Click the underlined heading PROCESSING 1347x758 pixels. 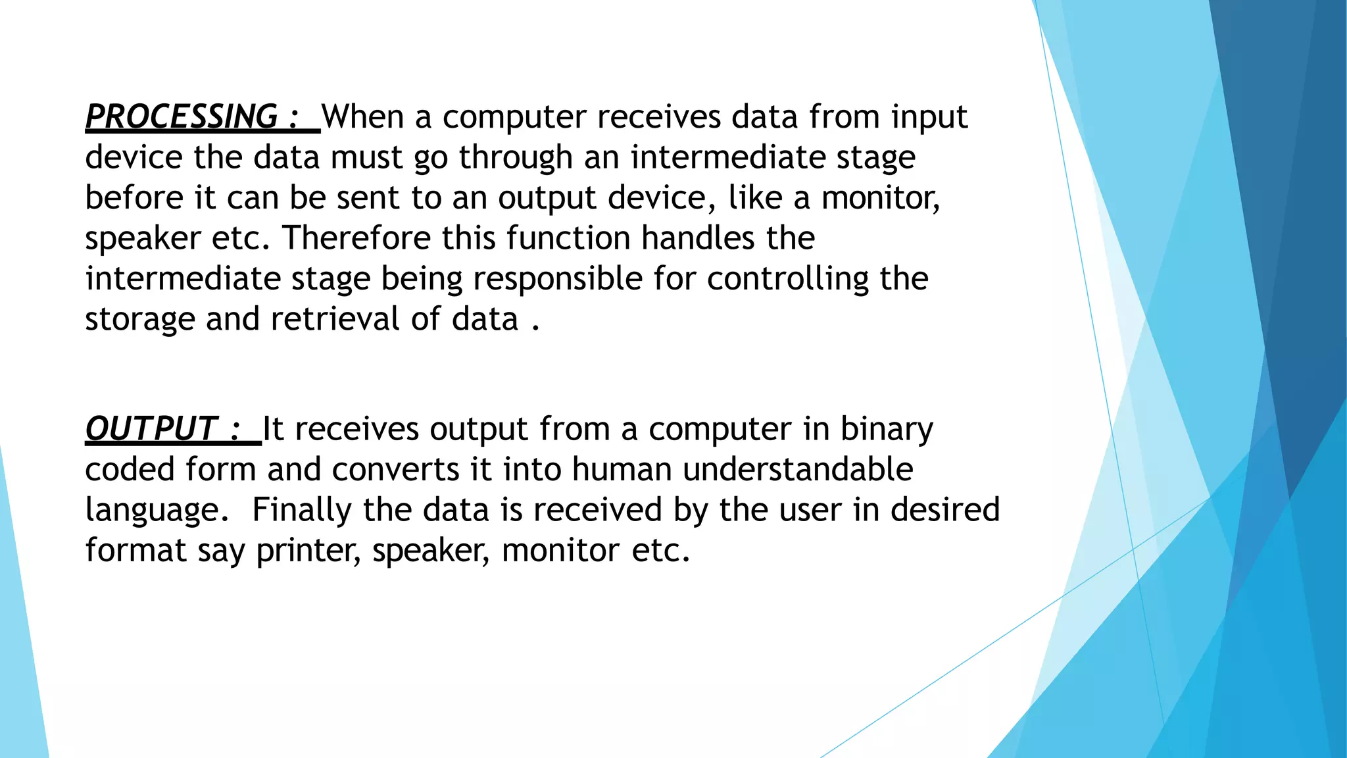point(182,117)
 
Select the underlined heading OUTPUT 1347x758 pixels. point(151,429)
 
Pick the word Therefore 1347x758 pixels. point(356,238)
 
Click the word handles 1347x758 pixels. point(697,238)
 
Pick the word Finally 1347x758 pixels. point(302,511)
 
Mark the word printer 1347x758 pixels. point(308,551)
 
